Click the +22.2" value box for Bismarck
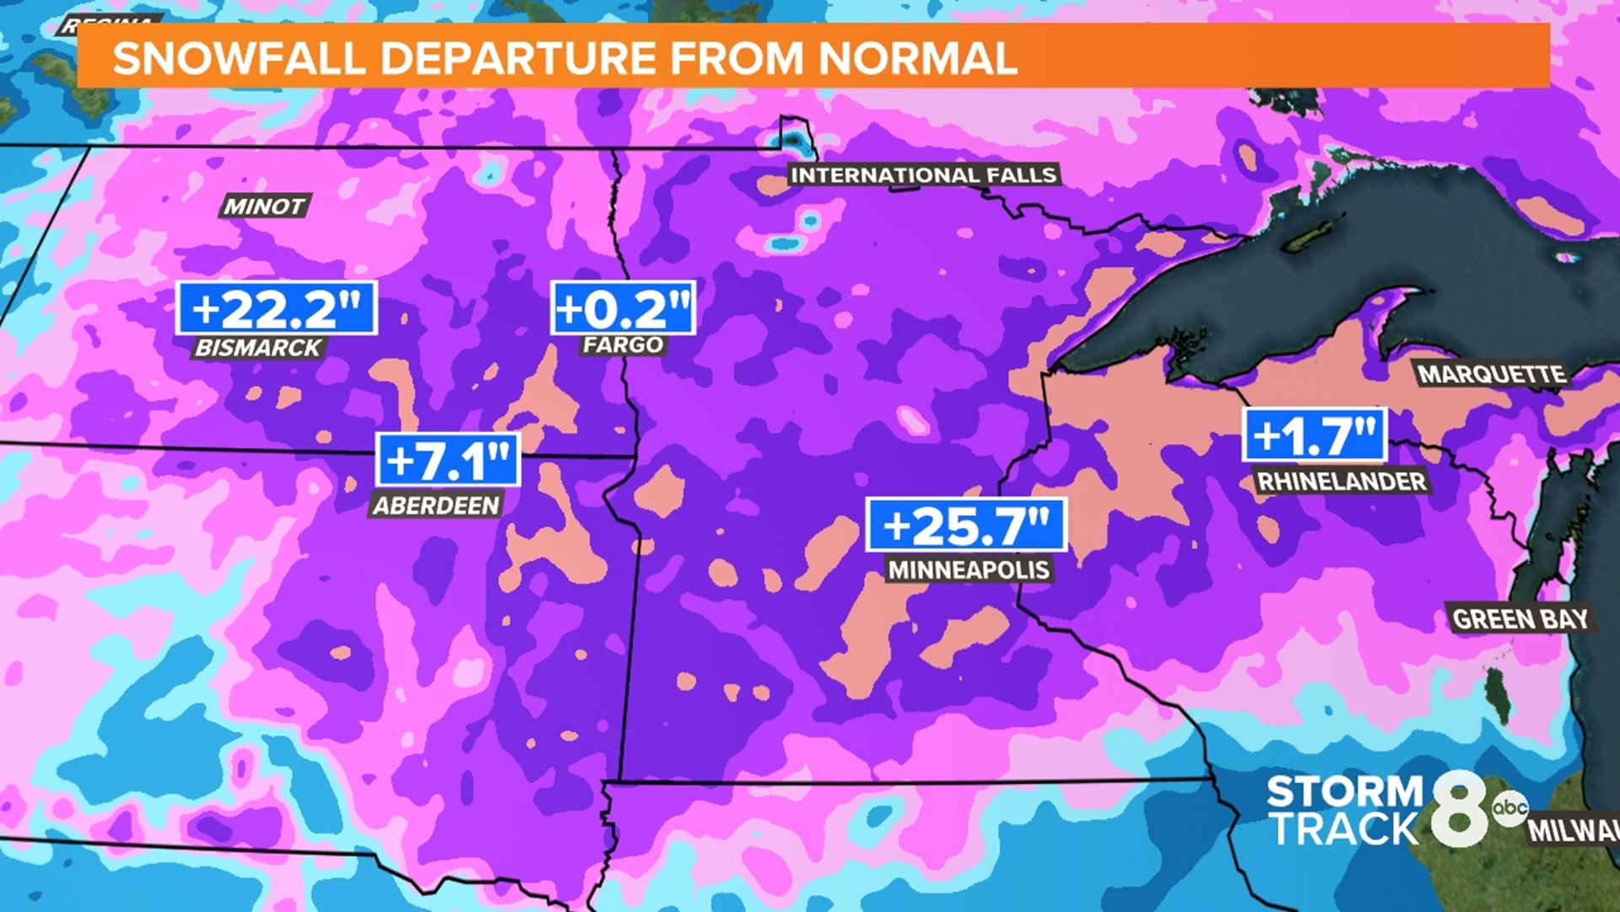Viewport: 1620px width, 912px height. (x=277, y=308)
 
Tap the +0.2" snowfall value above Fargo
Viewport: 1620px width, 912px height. (x=623, y=308)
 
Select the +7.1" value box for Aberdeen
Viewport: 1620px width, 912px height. (x=448, y=460)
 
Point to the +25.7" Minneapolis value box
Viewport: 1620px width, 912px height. (x=966, y=525)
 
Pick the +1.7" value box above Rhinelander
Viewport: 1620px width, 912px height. (x=1315, y=436)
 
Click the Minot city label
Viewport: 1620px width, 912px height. (x=264, y=206)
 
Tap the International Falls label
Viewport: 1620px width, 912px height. (x=923, y=175)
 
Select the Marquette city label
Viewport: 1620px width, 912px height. (x=1491, y=374)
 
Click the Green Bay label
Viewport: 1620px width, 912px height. (x=1520, y=619)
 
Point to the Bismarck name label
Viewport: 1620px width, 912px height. (x=258, y=347)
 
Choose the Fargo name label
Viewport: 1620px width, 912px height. (x=623, y=345)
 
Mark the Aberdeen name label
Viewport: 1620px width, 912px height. (x=436, y=505)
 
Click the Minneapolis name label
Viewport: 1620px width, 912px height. (x=969, y=570)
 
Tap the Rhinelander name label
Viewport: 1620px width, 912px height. (x=1342, y=481)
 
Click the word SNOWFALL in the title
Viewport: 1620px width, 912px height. (x=240, y=58)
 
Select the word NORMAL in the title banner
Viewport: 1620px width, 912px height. (x=917, y=58)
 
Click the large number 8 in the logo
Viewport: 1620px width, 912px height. (x=1459, y=809)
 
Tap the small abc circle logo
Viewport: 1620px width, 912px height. (x=1509, y=808)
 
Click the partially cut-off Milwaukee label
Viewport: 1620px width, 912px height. (x=1573, y=830)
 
